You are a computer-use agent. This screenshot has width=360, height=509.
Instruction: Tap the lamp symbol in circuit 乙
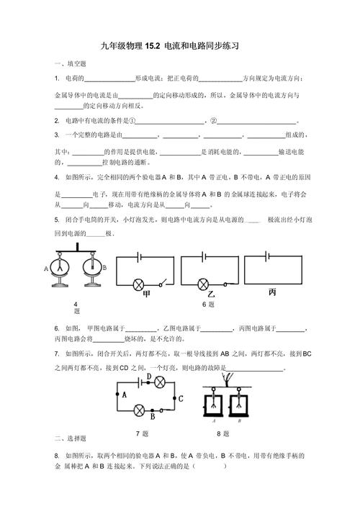pos(204,284)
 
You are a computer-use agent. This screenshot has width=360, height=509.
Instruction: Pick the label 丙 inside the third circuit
pos(271,292)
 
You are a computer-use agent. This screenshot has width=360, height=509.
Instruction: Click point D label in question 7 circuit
pos(148,376)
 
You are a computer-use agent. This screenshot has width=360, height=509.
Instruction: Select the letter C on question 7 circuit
pos(181,397)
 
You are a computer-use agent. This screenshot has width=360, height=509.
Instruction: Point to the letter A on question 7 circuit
pos(124,394)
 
